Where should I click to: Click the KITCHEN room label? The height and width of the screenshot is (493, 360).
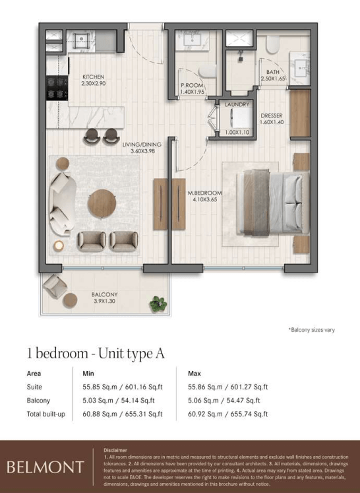94,77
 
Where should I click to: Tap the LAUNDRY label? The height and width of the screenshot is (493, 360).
237,104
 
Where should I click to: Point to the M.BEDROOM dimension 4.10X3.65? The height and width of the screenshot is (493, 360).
205,199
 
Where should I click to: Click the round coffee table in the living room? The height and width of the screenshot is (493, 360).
102,203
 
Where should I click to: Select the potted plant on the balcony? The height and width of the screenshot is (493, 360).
158,304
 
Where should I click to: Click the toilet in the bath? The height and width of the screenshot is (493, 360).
272,44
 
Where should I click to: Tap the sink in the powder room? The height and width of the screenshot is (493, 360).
192,40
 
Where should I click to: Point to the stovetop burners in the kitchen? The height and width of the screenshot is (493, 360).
57,88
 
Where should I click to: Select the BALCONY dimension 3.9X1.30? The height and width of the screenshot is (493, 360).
105,301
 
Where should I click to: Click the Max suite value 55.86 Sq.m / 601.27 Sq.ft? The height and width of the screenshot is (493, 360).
227,387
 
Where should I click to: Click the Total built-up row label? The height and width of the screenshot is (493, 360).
46,414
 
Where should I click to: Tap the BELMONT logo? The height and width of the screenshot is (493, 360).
45,467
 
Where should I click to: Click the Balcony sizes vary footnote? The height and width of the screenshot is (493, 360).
312,330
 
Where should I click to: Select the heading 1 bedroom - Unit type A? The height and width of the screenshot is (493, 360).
96,353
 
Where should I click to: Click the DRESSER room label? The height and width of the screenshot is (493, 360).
272,115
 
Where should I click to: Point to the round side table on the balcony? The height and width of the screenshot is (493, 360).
70,300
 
